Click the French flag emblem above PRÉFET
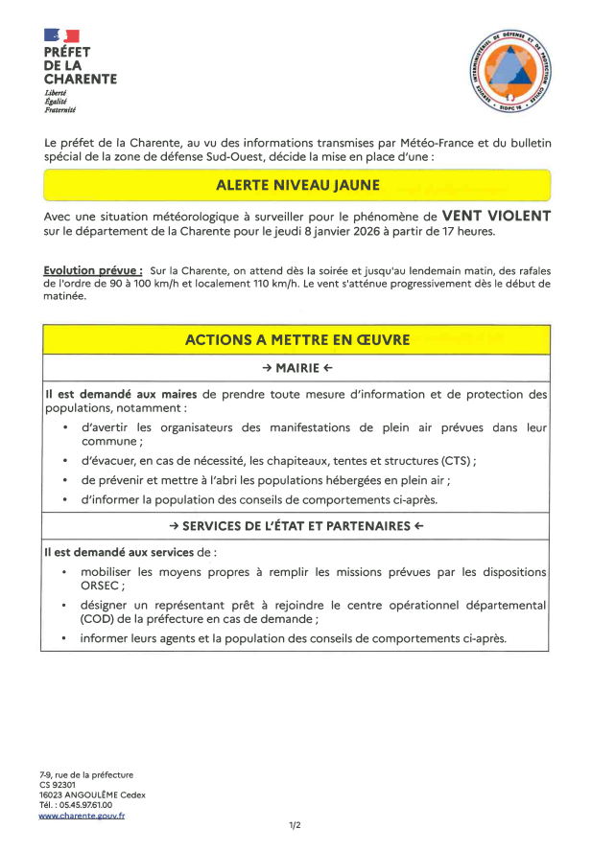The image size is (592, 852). pyautogui.click(x=61, y=36)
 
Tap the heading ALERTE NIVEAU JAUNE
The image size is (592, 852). pyautogui.click(x=296, y=185)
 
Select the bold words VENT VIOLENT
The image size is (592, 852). pyautogui.click(x=495, y=216)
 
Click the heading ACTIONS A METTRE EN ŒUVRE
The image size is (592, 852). pyautogui.click(x=296, y=339)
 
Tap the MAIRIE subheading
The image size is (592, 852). pyautogui.click(x=296, y=368)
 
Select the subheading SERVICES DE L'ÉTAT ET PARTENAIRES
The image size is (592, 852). pyautogui.click(x=296, y=526)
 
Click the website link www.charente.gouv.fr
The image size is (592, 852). pyautogui.click(x=82, y=816)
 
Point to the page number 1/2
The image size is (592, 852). pyautogui.click(x=296, y=825)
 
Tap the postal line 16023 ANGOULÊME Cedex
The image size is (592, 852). pyautogui.click(x=92, y=794)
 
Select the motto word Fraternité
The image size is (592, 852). pyautogui.click(x=60, y=110)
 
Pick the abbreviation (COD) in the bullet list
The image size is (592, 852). pyautogui.click(x=100, y=619)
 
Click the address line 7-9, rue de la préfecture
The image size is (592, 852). pyautogui.click(x=86, y=774)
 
